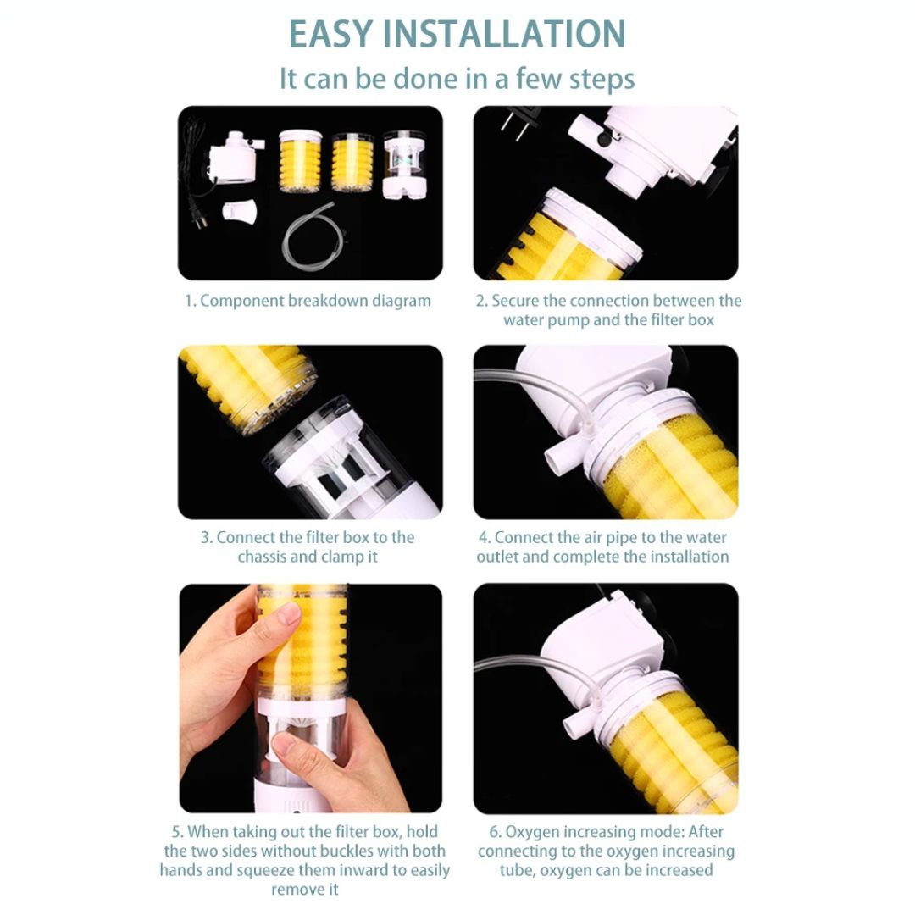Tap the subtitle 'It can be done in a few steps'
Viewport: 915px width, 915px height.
pos(457,79)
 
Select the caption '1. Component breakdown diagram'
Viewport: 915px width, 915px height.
pos(308,301)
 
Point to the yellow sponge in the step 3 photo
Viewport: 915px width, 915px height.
pos(246,373)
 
